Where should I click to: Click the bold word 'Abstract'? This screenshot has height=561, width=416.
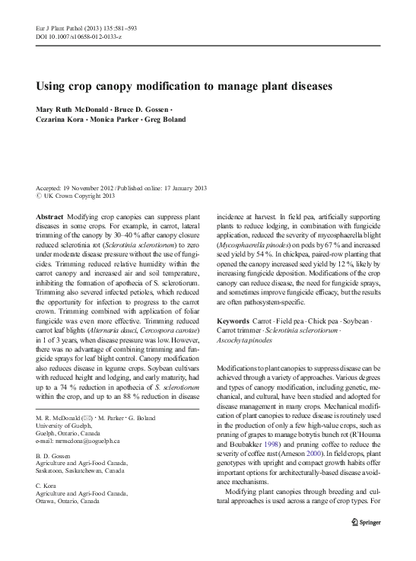[50, 215]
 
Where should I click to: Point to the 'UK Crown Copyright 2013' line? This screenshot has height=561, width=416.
[76, 196]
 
